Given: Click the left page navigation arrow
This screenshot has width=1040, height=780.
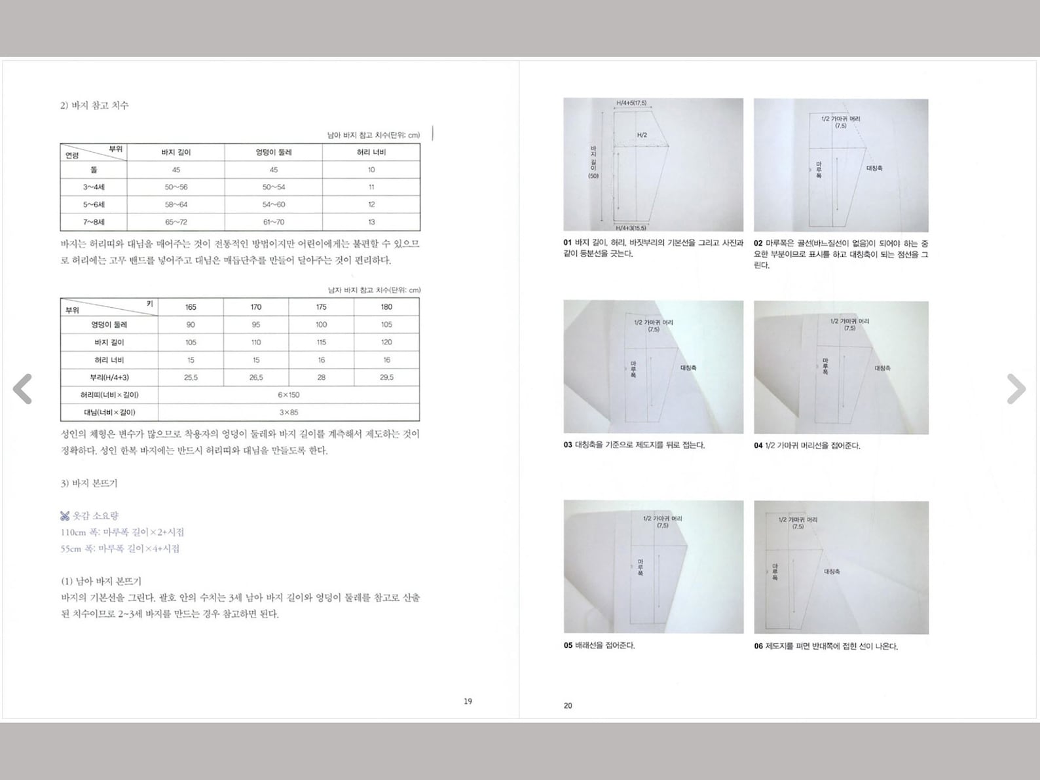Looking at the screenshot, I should (23, 389).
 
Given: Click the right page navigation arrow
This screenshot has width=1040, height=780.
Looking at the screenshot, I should (1016, 389).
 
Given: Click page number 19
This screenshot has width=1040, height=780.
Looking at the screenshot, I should (468, 701).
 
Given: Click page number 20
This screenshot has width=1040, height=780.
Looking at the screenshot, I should (568, 706).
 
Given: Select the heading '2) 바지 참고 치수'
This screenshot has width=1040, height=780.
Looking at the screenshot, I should (94, 105).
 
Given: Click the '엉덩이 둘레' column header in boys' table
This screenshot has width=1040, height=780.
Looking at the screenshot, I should (273, 153).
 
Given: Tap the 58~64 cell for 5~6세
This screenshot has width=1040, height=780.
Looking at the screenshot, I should (176, 204).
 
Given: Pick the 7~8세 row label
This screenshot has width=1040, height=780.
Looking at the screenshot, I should (94, 222).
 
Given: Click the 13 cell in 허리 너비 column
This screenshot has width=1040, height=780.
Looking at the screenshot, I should (371, 222).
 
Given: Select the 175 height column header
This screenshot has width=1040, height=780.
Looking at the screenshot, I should (321, 307).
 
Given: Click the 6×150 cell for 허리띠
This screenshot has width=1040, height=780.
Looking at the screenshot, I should (288, 395).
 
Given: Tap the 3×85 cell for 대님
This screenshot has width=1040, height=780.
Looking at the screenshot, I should (288, 413).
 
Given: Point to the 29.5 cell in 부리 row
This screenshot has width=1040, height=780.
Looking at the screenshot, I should (386, 378).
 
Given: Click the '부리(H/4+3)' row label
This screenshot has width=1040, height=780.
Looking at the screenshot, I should (109, 378).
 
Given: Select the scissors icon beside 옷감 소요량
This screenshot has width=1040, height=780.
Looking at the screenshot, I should (65, 516).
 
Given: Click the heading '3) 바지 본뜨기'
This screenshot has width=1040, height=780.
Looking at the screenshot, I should (89, 483).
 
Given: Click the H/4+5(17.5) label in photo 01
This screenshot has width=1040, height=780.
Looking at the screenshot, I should (631, 103).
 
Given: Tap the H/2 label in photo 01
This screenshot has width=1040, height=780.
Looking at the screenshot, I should (642, 136).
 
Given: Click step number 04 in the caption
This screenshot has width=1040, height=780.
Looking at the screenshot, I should (758, 446).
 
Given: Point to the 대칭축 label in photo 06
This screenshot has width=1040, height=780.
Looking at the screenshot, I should (832, 572).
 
